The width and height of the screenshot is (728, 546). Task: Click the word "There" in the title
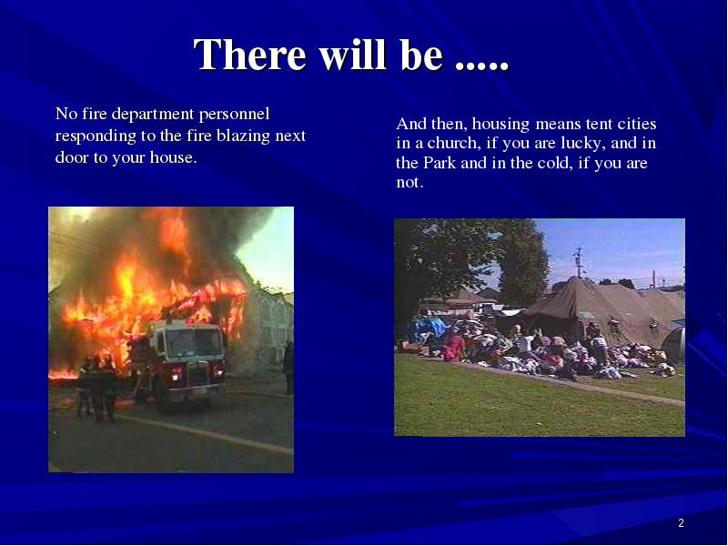pyautogui.click(x=250, y=55)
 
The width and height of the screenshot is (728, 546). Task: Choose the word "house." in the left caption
pyautogui.click(x=174, y=157)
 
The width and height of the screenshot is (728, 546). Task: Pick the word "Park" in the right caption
pyautogui.click(x=440, y=164)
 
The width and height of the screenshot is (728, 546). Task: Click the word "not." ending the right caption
pyautogui.click(x=409, y=183)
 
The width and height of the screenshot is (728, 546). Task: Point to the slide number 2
pyautogui.click(x=681, y=523)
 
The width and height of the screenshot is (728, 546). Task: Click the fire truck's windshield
pyautogui.click(x=194, y=343)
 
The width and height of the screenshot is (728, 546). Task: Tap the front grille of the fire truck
pyautogui.click(x=197, y=374)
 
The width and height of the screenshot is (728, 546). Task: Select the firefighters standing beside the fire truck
pyautogui.click(x=97, y=389)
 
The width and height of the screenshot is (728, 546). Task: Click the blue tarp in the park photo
pyautogui.click(x=426, y=328)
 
